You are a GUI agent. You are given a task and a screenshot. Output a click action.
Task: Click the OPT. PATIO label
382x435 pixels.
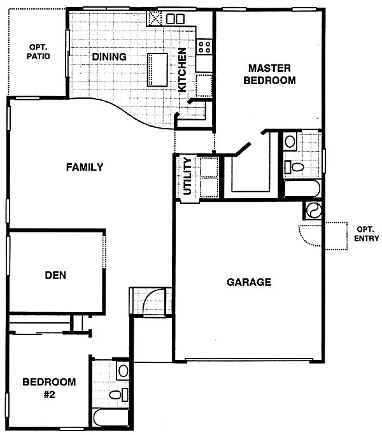click(x=38, y=52)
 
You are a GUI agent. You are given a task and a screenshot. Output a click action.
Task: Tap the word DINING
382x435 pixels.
click(x=109, y=57)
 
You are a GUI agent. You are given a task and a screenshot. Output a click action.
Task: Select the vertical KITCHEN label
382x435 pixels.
click(x=182, y=69)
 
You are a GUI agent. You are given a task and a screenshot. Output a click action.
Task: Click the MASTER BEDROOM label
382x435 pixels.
click(x=269, y=74)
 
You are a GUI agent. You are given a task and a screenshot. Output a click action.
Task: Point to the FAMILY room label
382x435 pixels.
click(x=85, y=167)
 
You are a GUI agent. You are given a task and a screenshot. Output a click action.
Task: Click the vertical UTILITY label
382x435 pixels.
click(x=188, y=176)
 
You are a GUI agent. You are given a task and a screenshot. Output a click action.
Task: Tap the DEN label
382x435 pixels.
click(x=55, y=275)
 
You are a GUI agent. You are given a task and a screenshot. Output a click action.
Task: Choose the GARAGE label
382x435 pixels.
click(x=249, y=282)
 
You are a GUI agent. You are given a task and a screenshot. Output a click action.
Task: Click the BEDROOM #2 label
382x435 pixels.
click(x=49, y=388)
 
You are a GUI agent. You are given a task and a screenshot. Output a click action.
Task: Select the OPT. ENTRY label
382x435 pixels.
click(x=367, y=234)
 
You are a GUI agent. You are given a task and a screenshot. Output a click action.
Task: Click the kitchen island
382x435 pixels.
click(x=157, y=70)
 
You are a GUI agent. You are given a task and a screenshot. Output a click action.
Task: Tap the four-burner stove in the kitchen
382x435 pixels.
click(x=204, y=46)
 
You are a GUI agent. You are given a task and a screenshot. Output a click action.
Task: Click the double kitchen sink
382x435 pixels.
click(x=175, y=19)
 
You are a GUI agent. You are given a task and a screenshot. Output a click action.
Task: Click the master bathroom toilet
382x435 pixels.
click(x=295, y=167)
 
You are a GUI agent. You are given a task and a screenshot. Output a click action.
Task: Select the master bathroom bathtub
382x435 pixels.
click(x=302, y=189)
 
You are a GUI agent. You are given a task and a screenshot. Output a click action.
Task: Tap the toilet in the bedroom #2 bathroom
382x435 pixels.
click(x=118, y=394)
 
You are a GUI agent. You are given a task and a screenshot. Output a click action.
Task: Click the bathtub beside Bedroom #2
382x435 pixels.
click(x=111, y=417)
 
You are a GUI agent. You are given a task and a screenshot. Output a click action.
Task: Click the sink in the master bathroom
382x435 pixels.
click(x=290, y=141)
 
